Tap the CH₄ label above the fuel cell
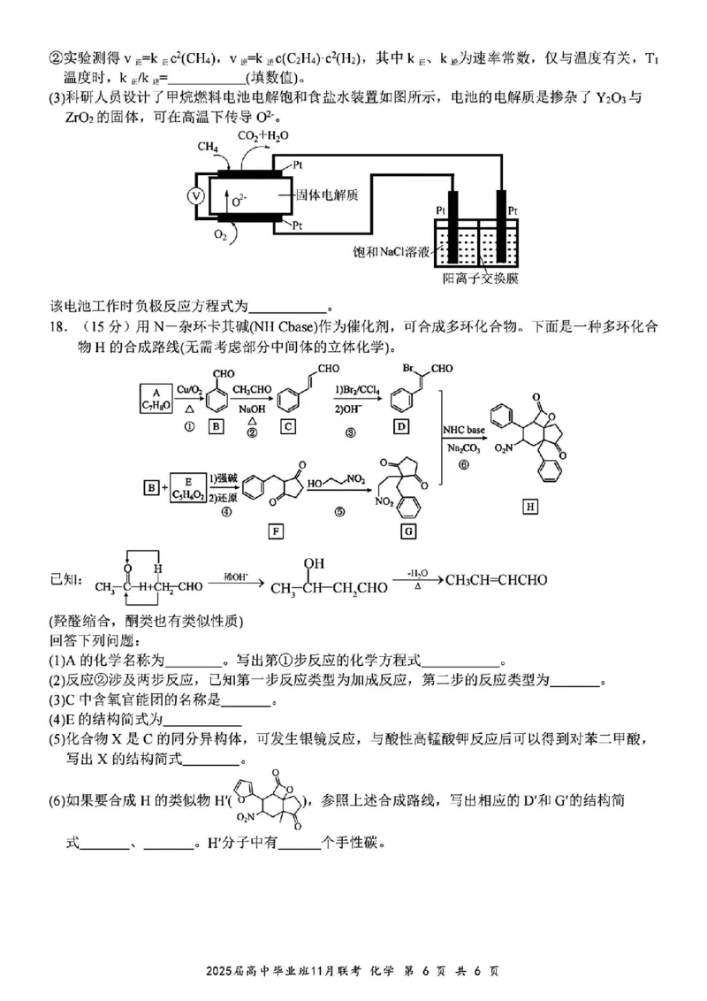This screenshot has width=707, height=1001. [x=209, y=147]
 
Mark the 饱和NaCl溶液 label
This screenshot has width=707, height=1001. [x=389, y=252]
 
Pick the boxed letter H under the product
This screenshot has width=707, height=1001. [x=530, y=507]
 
